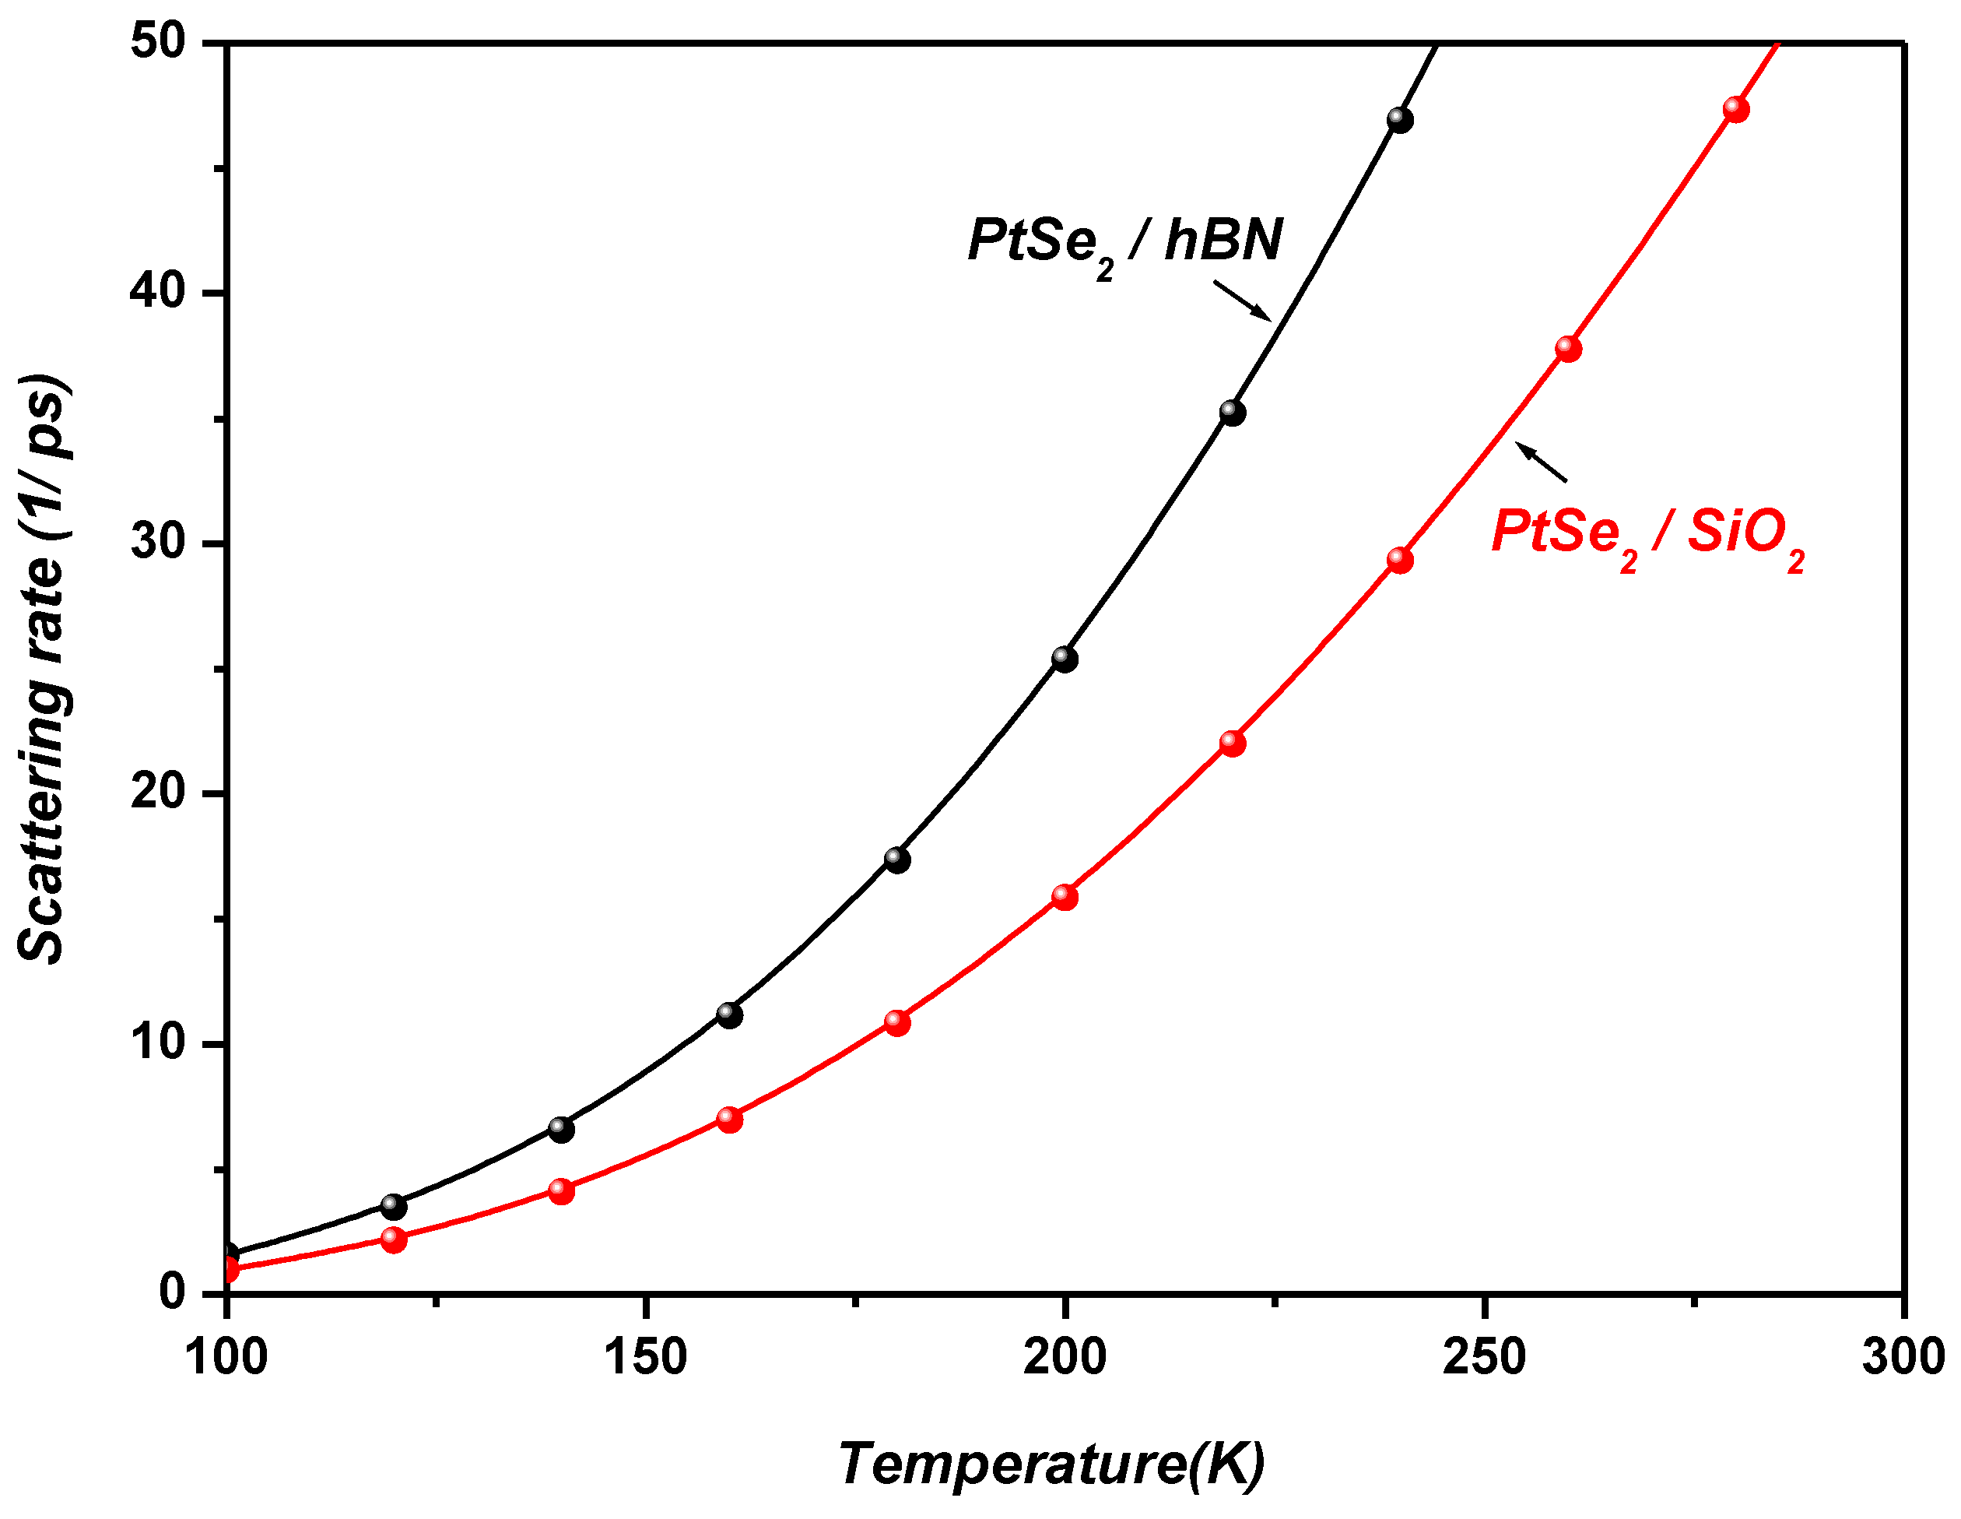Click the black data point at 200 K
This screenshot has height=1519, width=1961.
click(1064, 659)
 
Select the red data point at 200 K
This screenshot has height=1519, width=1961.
click(1064, 896)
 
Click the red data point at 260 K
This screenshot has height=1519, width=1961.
click(1568, 349)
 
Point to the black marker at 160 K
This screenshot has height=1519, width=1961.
click(729, 1015)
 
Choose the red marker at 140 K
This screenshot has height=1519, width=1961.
click(561, 1191)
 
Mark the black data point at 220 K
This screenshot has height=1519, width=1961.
click(1232, 413)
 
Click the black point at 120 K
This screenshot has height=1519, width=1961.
click(393, 1205)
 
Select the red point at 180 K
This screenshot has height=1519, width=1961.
click(897, 1022)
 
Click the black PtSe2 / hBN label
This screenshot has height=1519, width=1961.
click(1124, 243)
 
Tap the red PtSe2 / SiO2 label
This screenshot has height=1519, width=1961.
click(1647, 533)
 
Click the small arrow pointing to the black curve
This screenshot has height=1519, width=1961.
click(1243, 300)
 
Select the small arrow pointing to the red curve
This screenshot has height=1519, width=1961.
click(1542, 462)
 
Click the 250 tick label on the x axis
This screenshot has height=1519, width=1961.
click(1483, 1356)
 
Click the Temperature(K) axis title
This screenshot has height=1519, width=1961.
click(1051, 1463)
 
